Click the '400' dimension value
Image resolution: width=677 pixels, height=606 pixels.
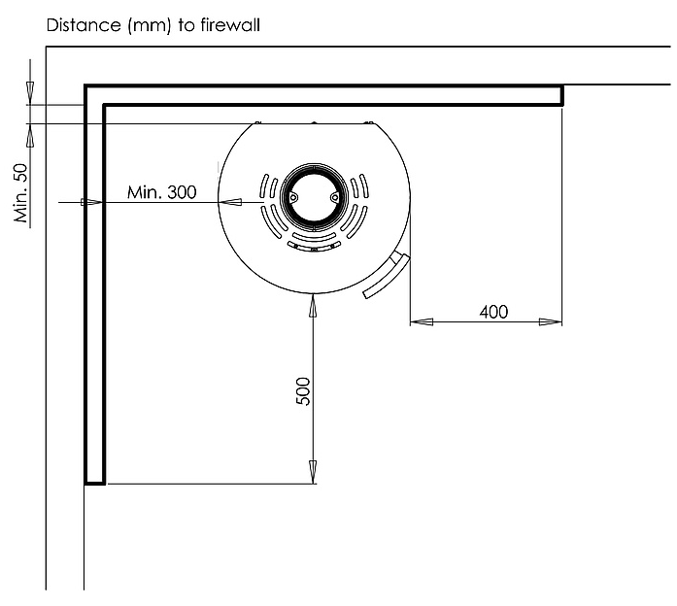493,312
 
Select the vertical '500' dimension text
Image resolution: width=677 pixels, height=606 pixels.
303,390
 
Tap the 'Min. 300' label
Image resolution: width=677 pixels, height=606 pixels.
162,192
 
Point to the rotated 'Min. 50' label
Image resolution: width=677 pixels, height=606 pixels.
21,192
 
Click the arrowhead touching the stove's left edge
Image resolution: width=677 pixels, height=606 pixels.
230,202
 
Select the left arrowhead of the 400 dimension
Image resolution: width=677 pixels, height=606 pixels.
418,321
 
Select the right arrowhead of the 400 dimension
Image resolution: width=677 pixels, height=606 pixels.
556,321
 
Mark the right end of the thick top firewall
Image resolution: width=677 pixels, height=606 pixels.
561,94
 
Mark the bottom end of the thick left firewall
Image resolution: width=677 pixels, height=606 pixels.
94,480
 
